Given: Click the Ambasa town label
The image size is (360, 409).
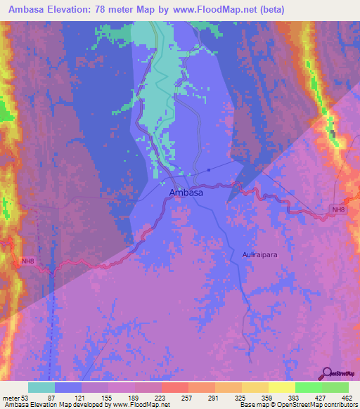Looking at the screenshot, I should point(186,192).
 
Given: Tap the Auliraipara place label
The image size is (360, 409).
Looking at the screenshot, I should point(259,256).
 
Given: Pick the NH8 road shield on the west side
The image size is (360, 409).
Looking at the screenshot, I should point(27,261).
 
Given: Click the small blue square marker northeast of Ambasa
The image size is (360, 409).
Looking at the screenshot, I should point(210,169).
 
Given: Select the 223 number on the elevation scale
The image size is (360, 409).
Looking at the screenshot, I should point(161,398).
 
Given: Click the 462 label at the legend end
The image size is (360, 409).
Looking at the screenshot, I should point(347,398).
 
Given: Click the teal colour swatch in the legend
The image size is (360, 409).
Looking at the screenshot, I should point(41,387).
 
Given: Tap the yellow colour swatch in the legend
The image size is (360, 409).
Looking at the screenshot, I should point(281,387).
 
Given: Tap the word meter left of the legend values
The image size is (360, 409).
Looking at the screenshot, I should point(11,398).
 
